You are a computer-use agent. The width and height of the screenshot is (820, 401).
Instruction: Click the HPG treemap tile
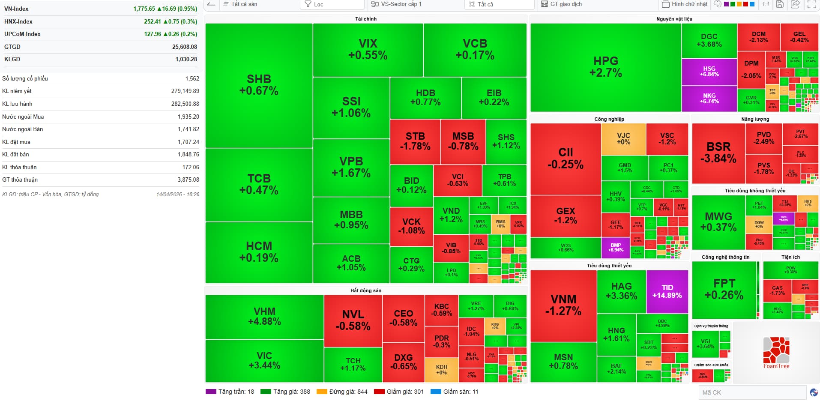(605, 67)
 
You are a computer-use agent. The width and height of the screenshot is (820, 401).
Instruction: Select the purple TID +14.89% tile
(667, 291)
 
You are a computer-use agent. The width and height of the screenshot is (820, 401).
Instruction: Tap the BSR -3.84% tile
(718, 153)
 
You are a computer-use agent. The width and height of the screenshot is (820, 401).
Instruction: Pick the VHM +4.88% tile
(264, 317)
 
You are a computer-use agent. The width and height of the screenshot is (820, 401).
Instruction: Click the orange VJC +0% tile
(623, 139)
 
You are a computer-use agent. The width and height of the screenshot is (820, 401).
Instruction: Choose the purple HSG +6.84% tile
(709, 71)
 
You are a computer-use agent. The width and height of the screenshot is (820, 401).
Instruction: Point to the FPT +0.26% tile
(724, 289)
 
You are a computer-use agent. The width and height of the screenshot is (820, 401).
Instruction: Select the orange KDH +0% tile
(441, 370)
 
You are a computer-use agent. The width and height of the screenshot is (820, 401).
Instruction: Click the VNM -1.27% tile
(563, 305)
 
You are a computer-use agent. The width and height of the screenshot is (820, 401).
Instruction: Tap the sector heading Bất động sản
(365, 290)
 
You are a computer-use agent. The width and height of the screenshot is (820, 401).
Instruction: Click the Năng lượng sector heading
(755, 119)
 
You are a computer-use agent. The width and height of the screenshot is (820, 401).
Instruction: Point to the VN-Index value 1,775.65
(144, 9)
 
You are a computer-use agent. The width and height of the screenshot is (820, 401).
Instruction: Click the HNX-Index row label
(18, 21)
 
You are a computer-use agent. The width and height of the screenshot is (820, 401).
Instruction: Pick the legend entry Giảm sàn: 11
(460, 392)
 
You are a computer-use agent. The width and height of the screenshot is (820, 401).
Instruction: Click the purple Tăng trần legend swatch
(211, 392)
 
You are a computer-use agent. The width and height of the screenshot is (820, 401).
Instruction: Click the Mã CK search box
(752, 392)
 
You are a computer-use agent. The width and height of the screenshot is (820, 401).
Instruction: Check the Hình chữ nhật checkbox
(665, 4)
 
